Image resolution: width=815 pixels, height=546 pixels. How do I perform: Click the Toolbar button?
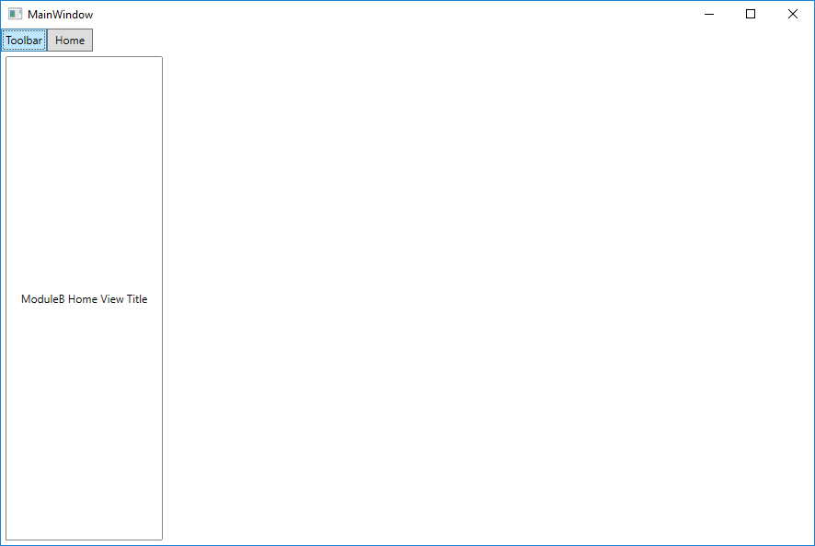(24, 41)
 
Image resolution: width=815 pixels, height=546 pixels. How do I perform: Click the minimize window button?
(709, 14)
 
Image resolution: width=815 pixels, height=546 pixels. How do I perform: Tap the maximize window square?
(751, 14)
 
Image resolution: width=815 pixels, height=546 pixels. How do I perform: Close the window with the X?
(793, 14)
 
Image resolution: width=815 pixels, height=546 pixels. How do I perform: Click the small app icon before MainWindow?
(15, 14)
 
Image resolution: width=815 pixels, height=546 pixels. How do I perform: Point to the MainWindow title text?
(61, 15)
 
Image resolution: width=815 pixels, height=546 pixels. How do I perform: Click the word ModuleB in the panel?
(43, 299)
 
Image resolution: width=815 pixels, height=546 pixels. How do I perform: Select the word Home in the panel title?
(83, 299)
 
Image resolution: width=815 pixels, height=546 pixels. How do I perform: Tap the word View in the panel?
(112, 299)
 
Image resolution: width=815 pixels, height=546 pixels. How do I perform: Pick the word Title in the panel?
(137, 299)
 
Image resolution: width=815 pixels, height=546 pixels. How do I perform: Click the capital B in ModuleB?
(62, 299)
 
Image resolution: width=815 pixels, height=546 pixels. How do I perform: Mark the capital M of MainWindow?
(32, 15)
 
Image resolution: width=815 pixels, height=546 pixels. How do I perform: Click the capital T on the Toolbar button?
(9, 41)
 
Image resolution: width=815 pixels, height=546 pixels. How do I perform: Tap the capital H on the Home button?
(59, 41)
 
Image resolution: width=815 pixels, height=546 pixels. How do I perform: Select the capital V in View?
(104, 299)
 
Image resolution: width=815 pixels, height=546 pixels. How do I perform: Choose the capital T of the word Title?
(130, 299)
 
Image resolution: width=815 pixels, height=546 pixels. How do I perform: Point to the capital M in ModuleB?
(26, 299)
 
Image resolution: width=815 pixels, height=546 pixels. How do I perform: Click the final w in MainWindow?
(89, 16)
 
